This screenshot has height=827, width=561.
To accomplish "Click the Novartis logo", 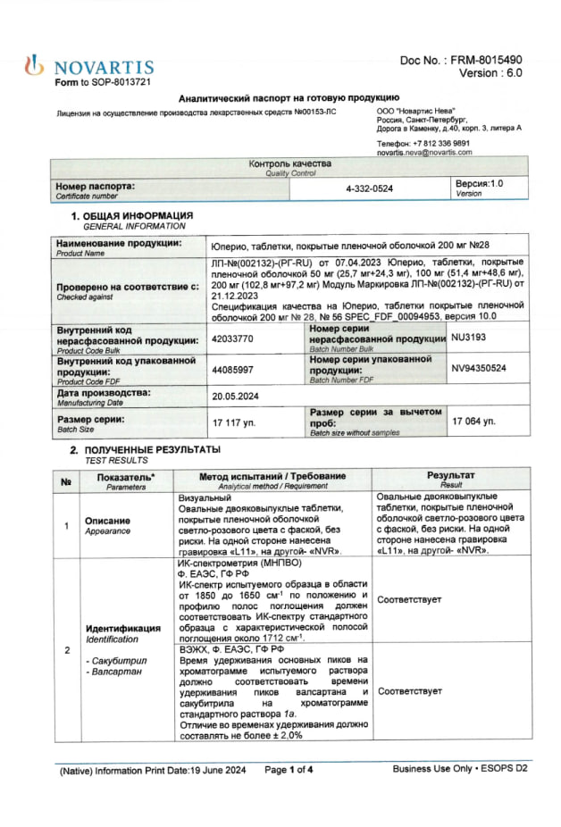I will (x=89, y=67).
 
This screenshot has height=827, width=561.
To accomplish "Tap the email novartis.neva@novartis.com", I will (x=424, y=153).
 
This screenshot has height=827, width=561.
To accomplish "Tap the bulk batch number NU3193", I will (x=470, y=339).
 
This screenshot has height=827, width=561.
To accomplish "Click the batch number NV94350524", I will (x=479, y=368).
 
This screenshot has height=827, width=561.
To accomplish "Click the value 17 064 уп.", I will (x=474, y=421).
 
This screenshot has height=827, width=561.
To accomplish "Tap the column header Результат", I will (x=450, y=476).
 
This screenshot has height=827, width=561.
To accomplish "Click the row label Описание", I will (x=107, y=520).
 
